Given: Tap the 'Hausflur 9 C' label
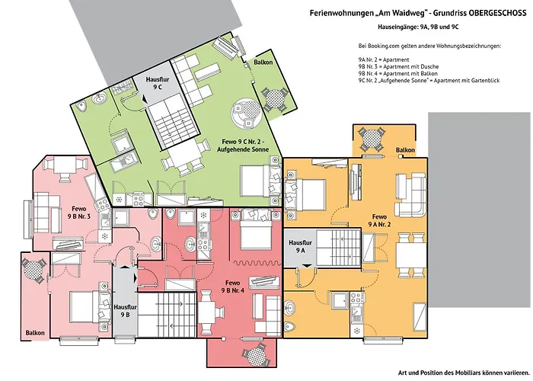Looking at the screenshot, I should [x=158, y=84].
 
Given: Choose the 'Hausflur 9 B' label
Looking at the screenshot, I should [x=124, y=310].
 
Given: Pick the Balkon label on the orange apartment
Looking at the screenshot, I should [x=405, y=150].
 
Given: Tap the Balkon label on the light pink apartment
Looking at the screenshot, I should [x=36, y=332].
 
